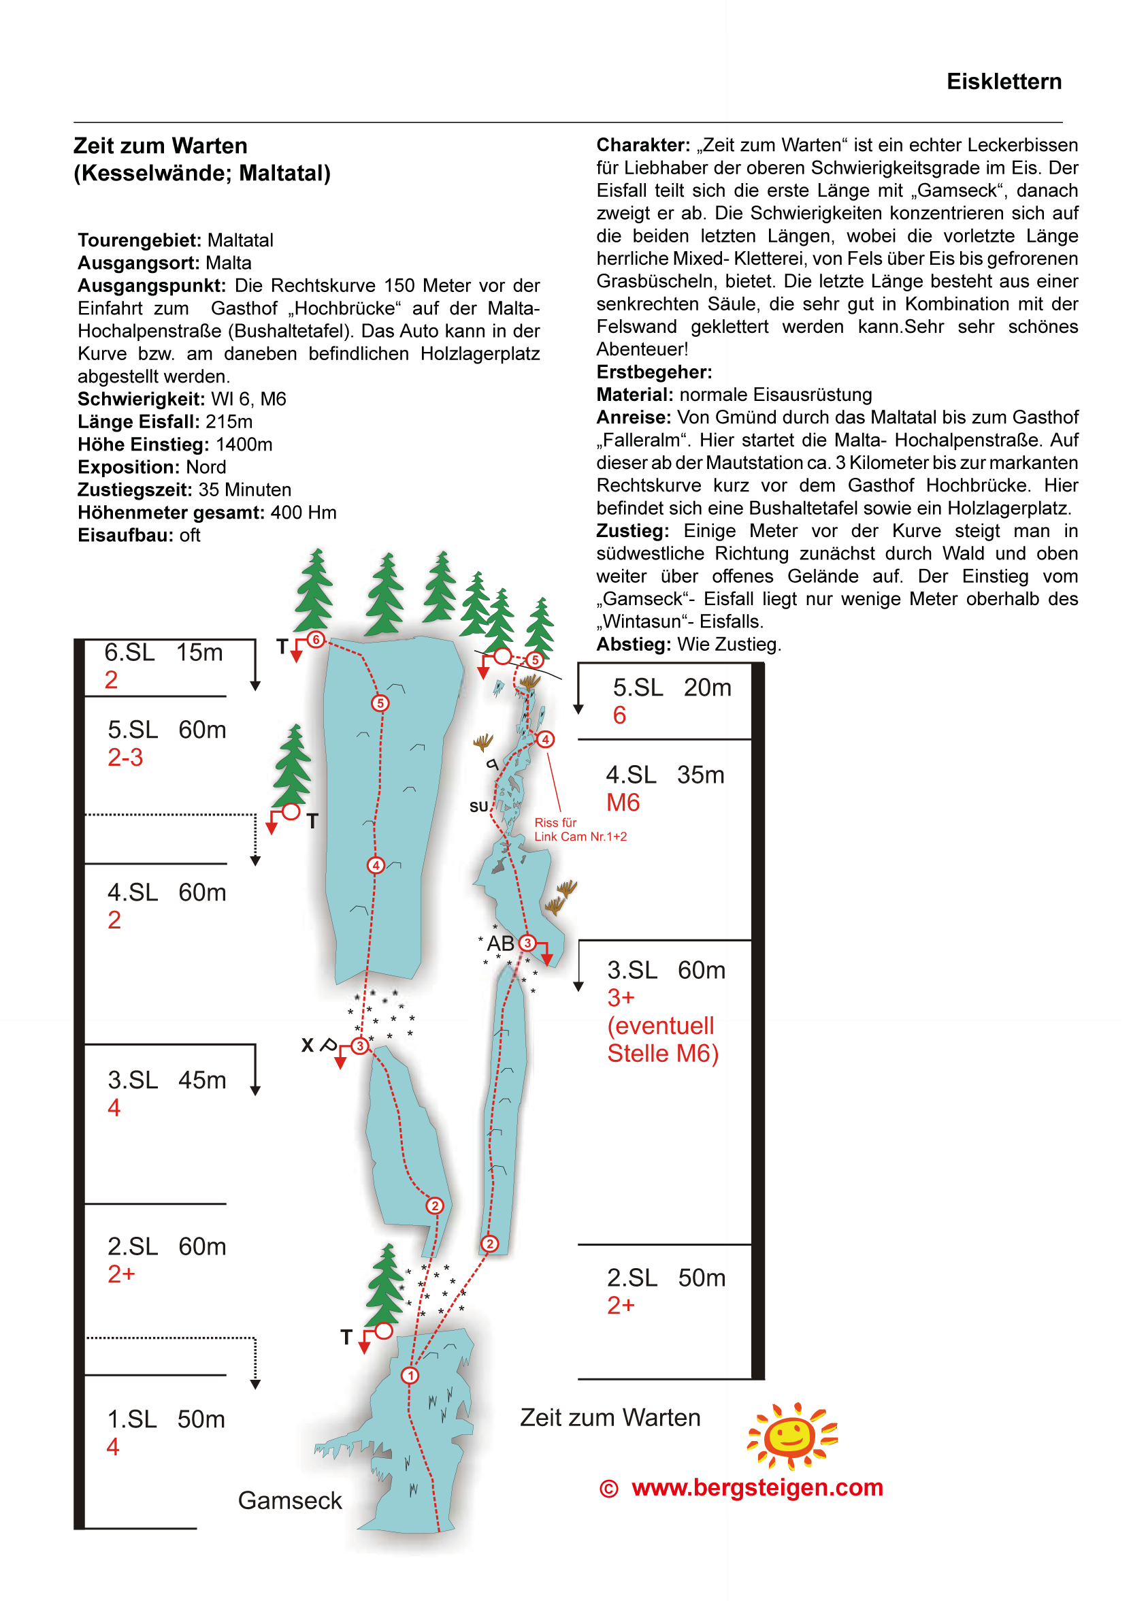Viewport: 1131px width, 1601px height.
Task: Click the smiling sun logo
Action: [791, 1435]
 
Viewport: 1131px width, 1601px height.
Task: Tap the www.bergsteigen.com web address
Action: [757, 1487]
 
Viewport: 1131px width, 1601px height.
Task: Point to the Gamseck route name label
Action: [289, 1500]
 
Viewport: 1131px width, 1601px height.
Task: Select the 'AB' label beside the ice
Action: [500, 943]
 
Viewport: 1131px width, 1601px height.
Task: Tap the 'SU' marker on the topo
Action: [478, 807]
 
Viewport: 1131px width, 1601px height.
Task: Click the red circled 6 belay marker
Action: [316, 639]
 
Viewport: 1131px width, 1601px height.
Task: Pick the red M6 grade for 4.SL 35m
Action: [623, 803]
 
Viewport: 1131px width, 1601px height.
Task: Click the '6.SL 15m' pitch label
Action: [163, 653]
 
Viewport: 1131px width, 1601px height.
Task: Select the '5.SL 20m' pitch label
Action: [672, 688]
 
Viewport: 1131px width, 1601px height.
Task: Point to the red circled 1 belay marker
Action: [410, 1376]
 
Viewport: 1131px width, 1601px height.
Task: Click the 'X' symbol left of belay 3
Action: [307, 1046]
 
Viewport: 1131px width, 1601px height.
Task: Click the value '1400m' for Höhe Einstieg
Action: [244, 444]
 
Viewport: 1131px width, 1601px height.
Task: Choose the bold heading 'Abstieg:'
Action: [633, 645]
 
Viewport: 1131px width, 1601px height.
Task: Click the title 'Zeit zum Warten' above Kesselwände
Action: [161, 146]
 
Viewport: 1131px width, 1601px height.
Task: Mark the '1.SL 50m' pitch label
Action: [166, 1419]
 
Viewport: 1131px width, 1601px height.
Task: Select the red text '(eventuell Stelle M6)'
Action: [661, 1039]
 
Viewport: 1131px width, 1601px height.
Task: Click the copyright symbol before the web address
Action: [608, 1489]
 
